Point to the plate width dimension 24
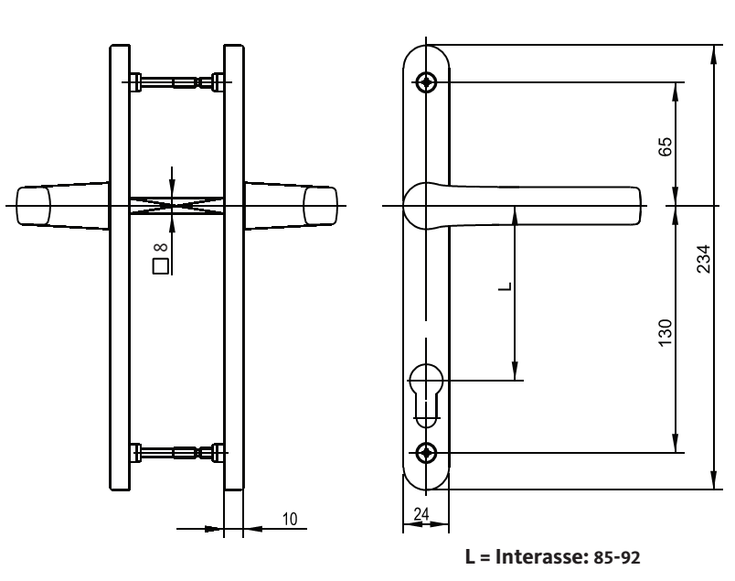point(422,514)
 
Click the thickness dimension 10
point(289,518)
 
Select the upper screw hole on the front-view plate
point(427,82)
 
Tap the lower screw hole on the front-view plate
point(427,452)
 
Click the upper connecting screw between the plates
point(177,82)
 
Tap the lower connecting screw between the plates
point(177,452)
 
